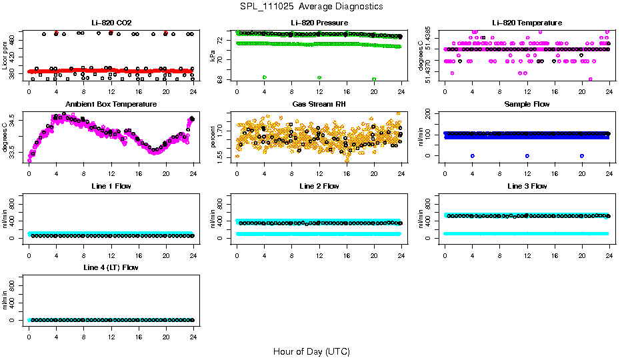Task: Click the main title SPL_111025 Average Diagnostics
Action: [312, 6]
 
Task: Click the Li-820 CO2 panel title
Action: [111, 23]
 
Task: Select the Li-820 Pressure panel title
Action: [319, 23]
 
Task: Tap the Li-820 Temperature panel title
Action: [527, 23]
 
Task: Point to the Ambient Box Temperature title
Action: [111, 104]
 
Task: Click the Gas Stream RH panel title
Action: [319, 104]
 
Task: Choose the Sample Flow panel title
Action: [527, 104]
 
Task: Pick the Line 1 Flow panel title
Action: [111, 185]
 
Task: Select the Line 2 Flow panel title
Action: [319, 185]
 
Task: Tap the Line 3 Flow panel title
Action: [527, 185]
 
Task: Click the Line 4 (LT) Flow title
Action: [111, 267]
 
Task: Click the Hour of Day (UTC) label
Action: [311, 351]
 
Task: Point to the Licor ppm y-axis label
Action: [5, 55]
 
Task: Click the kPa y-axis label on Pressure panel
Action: [213, 55]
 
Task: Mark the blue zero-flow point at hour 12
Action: [527, 155]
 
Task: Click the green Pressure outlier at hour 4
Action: [265, 77]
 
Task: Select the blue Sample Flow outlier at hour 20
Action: [582, 155]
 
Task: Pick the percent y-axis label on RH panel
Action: [213, 137]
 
